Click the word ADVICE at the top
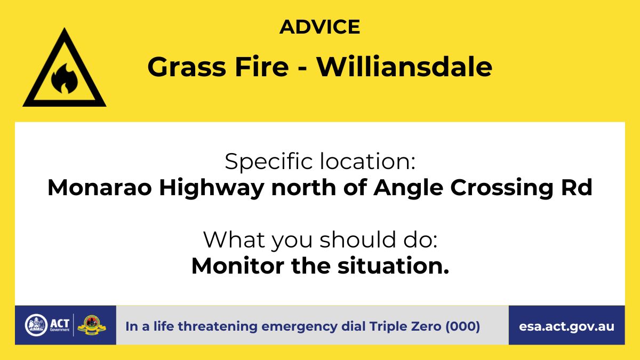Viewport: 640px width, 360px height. [x=319, y=27]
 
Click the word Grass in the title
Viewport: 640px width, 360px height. [x=187, y=67]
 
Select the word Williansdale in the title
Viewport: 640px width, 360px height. [x=404, y=67]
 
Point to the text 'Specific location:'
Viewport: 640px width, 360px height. [x=320, y=162]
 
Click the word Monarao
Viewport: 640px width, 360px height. [x=99, y=187]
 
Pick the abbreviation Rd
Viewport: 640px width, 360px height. [x=577, y=187]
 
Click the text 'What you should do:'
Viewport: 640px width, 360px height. [x=321, y=240]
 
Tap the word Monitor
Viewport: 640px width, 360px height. [x=238, y=266]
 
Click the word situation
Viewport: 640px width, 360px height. [x=393, y=266]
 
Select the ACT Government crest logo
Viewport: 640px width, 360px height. [x=36, y=325]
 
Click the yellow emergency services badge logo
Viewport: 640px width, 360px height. [x=92, y=325]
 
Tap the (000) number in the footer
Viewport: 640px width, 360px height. [x=463, y=326]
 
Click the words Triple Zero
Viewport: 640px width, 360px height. [x=405, y=326]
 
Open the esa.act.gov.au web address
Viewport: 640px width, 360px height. [x=566, y=326]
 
